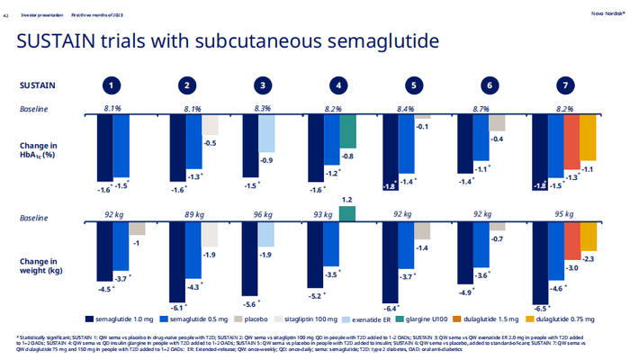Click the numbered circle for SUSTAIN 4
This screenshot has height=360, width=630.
338,85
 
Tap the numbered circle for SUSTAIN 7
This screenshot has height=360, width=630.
565,85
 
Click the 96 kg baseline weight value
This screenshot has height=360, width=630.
263,217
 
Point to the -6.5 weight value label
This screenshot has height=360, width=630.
541,308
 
